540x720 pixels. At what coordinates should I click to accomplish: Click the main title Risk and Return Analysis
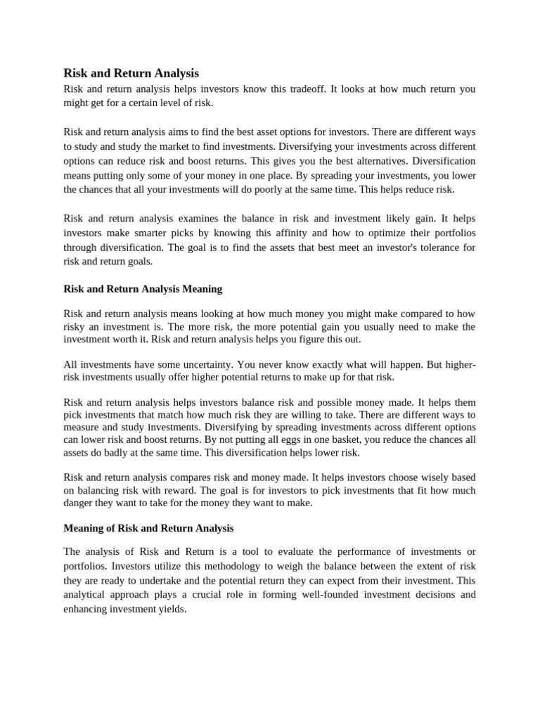point(131,73)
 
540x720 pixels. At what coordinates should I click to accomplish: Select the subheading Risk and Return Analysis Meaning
point(143,288)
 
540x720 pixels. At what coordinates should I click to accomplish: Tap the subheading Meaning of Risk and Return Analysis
point(148,527)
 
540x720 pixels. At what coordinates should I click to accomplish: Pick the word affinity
point(293,233)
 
